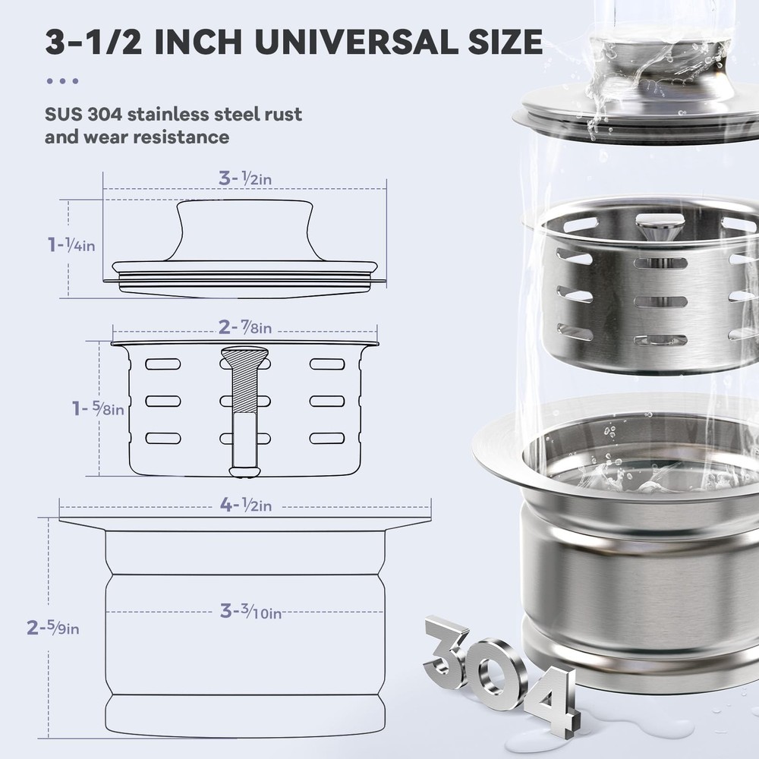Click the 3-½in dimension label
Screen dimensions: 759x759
245,179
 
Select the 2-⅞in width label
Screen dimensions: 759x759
245,327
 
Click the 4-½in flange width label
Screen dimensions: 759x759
245,505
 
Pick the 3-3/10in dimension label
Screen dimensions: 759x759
250,611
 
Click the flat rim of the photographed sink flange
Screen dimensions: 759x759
501,455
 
